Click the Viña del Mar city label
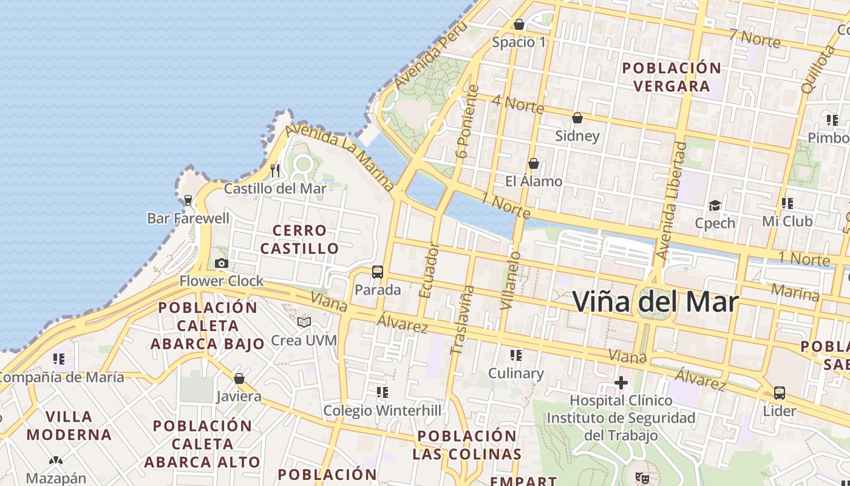pos(656,302)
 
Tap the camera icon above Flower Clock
pos(222,263)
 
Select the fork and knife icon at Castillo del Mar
pos(275,170)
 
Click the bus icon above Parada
pos(378,272)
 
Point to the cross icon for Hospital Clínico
pos(620,383)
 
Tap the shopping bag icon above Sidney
pos(577,117)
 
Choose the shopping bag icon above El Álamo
pos(534,163)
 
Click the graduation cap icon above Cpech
pos(715,205)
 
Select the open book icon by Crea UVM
pos(304,322)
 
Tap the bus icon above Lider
pos(780,393)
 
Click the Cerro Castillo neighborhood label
pos(299,239)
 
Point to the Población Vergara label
pos(671,77)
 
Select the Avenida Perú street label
pos(430,55)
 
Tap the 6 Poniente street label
pos(469,122)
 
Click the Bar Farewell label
pos(188,218)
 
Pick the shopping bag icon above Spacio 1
pos(519,24)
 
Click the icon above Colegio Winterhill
pos(382,392)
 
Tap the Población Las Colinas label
pos(467,445)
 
